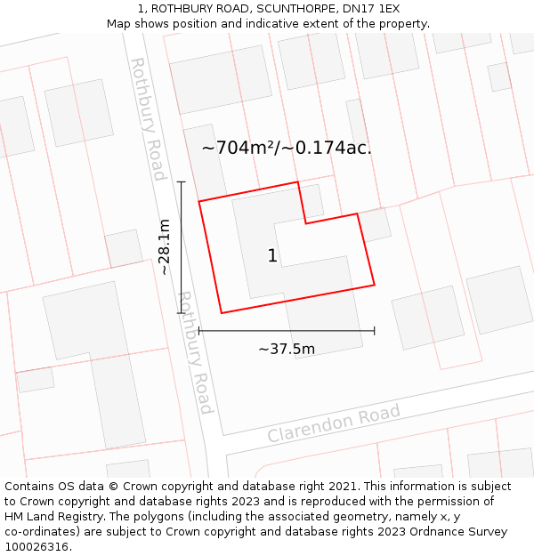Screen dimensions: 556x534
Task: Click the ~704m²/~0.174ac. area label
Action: tap(287, 148)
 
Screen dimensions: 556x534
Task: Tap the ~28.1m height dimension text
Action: tap(165, 247)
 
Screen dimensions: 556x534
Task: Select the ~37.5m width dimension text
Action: tap(287, 349)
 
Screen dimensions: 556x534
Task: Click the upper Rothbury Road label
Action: tap(148, 118)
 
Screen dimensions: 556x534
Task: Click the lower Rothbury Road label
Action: tap(196, 352)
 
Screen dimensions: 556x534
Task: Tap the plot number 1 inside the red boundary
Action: tap(272, 256)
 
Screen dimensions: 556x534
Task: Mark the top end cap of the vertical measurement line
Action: tap(182, 182)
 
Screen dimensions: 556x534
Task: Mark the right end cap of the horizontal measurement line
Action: tap(374, 330)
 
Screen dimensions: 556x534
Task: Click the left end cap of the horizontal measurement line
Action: tap(199, 330)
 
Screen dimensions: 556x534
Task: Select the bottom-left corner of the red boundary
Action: tap(221, 313)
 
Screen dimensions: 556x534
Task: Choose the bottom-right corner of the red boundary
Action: tap(374, 285)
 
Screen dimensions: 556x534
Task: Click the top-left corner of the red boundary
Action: tap(198, 201)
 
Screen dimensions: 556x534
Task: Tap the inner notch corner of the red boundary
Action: tap(306, 223)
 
